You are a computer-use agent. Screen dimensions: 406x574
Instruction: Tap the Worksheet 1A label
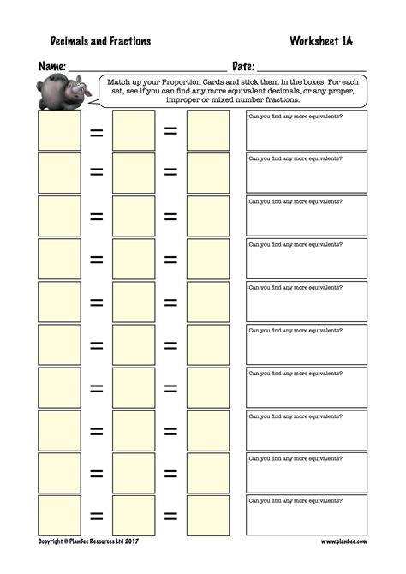pos(327,40)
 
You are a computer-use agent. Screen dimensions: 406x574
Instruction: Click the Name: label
pos(52,66)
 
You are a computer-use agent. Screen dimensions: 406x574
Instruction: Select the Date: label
pos(243,66)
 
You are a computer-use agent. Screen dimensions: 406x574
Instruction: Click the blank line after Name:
pos(147,69)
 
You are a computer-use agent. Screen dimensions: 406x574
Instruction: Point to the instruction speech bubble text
pos(233,90)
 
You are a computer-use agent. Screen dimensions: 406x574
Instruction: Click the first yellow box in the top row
pos(60,130)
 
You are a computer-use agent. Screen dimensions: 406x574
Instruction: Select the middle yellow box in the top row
pos(134,130)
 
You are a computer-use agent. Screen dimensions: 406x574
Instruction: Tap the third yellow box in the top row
pos(208,130)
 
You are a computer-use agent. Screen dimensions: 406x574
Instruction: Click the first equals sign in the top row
pos(97,131)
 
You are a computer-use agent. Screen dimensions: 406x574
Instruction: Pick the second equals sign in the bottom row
pos(171,517)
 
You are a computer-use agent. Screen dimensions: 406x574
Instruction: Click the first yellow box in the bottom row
pos(60,516)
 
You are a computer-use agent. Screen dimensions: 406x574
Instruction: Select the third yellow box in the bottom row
pos(208,516)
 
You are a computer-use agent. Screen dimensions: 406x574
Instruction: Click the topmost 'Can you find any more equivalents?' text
pos(290,116)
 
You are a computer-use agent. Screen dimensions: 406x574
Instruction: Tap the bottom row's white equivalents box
pos(306,516)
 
